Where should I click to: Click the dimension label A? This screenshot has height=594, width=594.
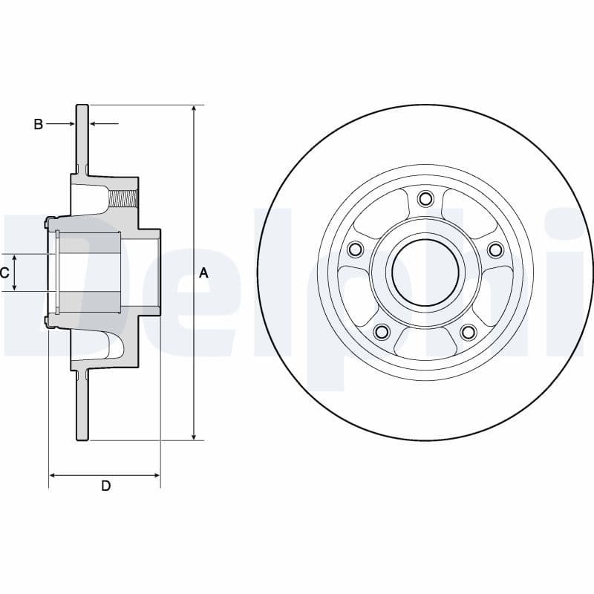coord(204,273)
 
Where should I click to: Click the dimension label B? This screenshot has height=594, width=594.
coord(39,124)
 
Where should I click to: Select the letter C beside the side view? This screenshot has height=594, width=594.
coord(4,272)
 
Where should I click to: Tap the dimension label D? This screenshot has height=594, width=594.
coord(105,486)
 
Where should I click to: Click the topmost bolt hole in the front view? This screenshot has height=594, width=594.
coord(425,198)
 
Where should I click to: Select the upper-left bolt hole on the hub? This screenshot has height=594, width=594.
coord(355,249)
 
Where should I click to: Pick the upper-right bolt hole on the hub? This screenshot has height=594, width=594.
coord(495,249)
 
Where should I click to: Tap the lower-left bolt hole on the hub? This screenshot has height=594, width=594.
coord(382,331)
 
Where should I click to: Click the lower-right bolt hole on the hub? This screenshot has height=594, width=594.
coord(468,331)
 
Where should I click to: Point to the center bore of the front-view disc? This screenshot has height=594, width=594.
coord(425,272)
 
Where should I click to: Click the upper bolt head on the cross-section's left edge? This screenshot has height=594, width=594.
coord(48,222)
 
